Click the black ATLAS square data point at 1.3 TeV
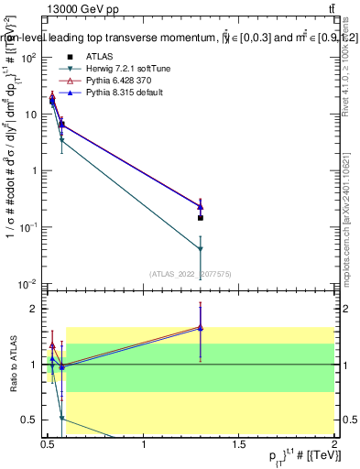(201, 218)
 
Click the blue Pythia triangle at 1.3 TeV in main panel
(201, 206)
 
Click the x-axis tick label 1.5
(239, 445)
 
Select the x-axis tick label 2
(334, 445)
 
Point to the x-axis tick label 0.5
(49, 445)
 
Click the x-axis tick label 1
(144, 445)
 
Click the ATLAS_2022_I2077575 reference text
(191, 273)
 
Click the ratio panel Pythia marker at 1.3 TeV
(201, 327)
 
